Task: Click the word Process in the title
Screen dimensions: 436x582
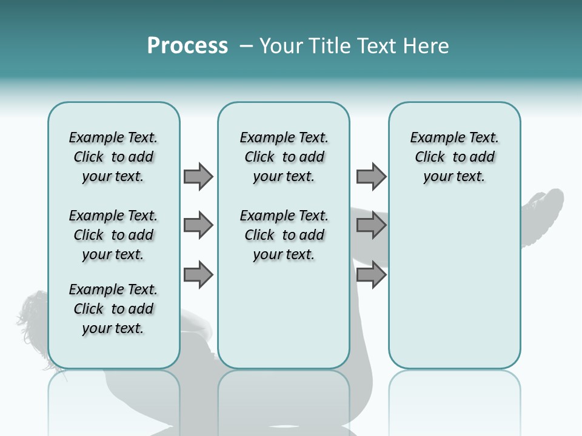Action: (187, 46)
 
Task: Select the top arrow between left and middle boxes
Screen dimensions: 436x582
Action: (198, 176)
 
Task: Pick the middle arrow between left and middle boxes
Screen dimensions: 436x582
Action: (198, 225)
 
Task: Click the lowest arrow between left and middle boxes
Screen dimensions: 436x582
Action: (198, 274)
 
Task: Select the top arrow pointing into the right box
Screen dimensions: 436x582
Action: (371, 176)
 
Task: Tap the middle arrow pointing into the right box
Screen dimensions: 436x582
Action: (371, 225)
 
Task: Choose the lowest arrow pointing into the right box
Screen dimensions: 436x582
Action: (371, 274)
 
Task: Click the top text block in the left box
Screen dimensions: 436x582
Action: (113, 157)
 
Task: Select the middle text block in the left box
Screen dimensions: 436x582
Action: (113, 235)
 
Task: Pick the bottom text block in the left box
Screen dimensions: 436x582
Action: (113, 309)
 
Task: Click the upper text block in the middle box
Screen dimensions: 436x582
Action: (284, 157)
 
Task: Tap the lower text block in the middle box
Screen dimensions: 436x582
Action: (284, 235)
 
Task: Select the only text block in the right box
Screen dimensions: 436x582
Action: (454, 157)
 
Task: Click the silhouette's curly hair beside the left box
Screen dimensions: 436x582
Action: (33, 312)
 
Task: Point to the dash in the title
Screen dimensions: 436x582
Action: (246, 47)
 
